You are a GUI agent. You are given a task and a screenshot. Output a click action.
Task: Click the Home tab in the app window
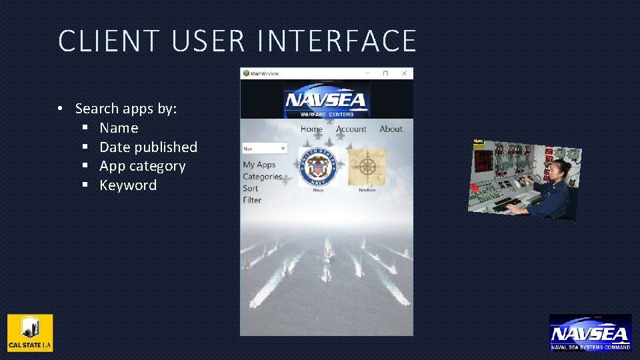point(311,129)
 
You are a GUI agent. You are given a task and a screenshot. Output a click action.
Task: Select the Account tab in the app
point(351,129)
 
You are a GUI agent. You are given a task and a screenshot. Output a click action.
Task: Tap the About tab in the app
point(391,129)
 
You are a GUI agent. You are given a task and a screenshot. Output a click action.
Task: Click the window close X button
point(404,73)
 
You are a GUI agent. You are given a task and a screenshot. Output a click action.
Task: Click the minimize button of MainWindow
point(367,73)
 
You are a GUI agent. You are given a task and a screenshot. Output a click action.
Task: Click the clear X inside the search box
point(283,149)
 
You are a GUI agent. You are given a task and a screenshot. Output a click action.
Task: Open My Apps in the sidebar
point(259,165)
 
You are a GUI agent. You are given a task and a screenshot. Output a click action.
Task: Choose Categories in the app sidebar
point(262,177)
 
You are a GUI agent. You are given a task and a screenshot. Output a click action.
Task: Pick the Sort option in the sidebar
point(250,189)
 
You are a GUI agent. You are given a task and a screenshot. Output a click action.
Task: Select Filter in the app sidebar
point(252,200)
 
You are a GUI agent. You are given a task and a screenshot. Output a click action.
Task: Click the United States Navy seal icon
point(318,167)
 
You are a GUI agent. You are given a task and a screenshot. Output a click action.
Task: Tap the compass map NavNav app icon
point(367,166)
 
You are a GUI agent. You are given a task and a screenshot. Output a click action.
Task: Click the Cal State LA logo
point(30,333)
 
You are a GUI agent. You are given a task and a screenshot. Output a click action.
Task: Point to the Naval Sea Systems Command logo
point(590,333)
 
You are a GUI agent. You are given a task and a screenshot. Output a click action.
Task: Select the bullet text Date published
point(148,147)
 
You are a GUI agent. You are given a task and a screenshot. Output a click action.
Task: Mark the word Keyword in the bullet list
point(128,185)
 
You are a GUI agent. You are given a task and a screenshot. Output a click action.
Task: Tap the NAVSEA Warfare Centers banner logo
point(326,102)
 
